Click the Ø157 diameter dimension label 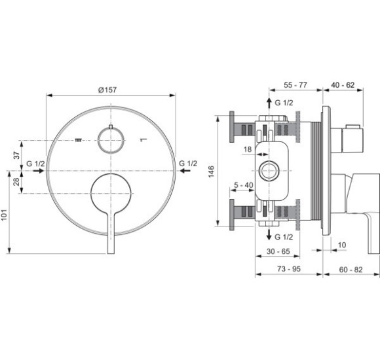coord(107,90)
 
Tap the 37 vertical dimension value coord(16,155)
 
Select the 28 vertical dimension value coord(16,181)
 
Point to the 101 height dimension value coord(4,215)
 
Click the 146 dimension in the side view coord(212,171)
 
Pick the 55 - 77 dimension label coord(295,85)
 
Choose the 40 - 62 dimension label coord(343,85)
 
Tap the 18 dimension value coord(248,149)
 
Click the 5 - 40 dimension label coord(243,185)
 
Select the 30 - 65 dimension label coord(278,251)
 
